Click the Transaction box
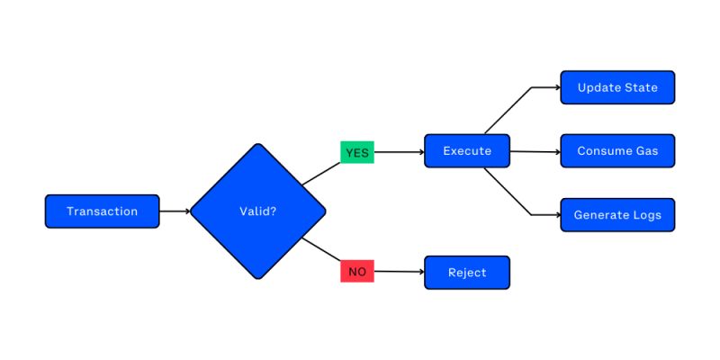click(102, 211)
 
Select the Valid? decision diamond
click(257, 211)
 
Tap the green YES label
click(357, 152)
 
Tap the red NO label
click(357, 271)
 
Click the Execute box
click(467, 151)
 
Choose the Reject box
click(467, 272)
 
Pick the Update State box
click(617, 87)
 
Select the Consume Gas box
click(617, 151)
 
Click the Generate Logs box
click(617, 215)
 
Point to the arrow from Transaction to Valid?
click(175, 211)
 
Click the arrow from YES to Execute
click(399, 152)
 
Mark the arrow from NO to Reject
click(399, 272)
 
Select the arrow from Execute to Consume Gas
click(535, 151)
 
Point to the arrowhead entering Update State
click(556, 87)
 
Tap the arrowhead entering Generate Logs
click(556, 215)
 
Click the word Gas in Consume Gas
click(646, 151)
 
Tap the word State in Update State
click(640, 87)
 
